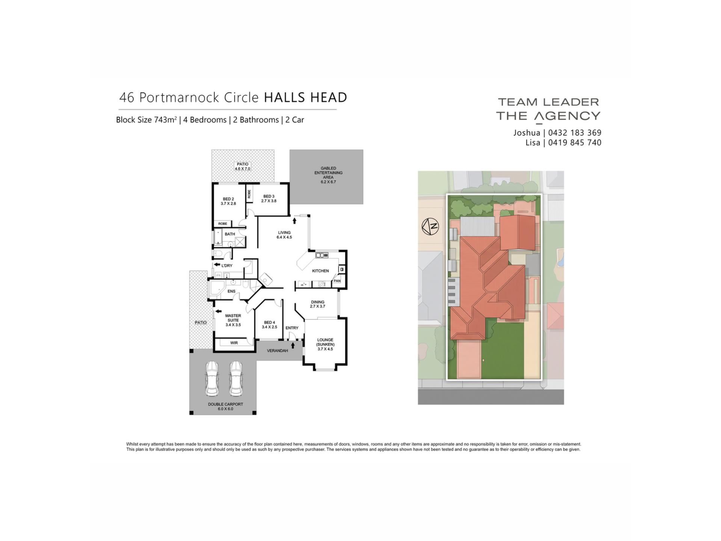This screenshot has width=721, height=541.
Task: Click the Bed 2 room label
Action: click(228, 201)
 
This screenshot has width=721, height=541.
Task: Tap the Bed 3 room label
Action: click(269, 198)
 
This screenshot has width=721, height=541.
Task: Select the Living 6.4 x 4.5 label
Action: click(284, 235)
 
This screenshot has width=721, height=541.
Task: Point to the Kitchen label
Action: click(320, 271)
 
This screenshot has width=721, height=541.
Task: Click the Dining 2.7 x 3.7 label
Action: click(318, 304)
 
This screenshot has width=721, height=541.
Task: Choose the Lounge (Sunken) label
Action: click(325, 344)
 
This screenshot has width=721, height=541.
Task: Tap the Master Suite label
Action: click(233, 320)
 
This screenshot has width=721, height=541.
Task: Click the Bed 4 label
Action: click(269, 325)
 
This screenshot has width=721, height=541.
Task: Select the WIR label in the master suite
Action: click(234, 343)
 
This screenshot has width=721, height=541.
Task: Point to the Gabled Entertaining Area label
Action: click(328, 175)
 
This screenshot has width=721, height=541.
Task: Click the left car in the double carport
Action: click(211, 378)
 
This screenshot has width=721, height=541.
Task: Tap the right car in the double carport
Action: click(236, 378)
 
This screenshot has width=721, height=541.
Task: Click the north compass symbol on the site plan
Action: click(430, 226)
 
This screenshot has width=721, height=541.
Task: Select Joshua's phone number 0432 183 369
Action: click(575, 133)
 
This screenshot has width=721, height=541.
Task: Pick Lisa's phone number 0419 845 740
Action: click(575, 143)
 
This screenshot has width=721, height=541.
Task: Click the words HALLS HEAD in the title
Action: click(305, 97)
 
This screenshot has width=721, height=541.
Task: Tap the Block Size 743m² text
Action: click(146, 120)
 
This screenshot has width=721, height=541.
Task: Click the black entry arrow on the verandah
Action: click(293, 345)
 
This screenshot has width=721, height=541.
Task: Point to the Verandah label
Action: click(278, 351)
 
